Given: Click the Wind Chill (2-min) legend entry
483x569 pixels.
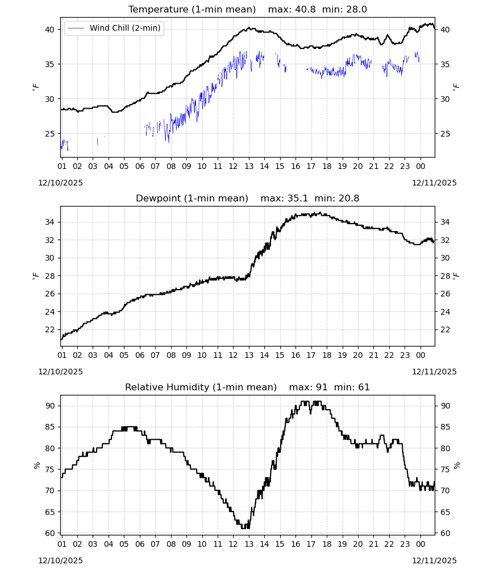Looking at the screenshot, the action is pyautogui.click(x=114, y=28).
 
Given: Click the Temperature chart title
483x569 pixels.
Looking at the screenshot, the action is pyautogui.click(x=192, y=9).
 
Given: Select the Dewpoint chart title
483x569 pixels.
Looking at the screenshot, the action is pyautogui.click(x=192, y=198).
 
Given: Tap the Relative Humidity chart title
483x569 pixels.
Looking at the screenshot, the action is pyautogui.click(x=201, y=387).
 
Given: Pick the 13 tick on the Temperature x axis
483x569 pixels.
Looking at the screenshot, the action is pyautogui.click(x=249, y=166).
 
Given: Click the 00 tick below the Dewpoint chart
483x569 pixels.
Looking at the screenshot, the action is pyautogui.click(x=420, y=355).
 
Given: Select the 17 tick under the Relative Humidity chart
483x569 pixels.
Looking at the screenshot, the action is pyautogui.click(x=311, y=543).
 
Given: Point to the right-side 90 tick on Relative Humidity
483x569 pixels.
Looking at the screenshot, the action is pyautogui.click(x=445, y=406).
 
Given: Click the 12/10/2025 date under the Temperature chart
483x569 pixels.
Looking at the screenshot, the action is pyautogui.click(x=60, y=183).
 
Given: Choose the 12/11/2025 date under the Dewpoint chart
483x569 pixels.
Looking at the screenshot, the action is pyautogui.click(x=434, y=372).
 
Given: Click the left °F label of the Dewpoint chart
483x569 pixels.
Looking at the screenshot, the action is pyautogui.click(x=35, y=276).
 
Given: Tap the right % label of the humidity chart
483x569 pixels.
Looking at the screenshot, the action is pyautogui.click(x=456, y=465).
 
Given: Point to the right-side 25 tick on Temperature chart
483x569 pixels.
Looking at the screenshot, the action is pyautogui.click(x=445, y=134).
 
